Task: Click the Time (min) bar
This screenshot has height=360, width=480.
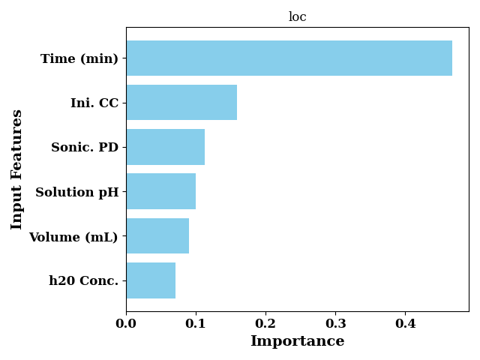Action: coord(289,58)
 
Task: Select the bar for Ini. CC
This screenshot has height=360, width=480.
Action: coord(181,103)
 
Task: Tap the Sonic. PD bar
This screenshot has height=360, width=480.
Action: coord(166,147)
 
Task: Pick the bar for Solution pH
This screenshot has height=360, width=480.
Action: coord(161,191)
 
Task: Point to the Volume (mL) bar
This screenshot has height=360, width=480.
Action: coord(157,235)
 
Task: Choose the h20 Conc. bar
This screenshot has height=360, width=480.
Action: coord(151,280)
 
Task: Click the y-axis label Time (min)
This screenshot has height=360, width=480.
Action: coord(79,58)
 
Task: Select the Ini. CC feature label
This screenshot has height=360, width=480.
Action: coord(94,103)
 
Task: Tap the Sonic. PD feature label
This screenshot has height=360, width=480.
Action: coord(85,147)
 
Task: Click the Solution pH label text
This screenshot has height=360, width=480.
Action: coord(77,193)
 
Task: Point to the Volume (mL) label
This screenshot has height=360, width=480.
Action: coord(73,237)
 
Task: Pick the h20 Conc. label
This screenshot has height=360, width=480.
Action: coord(83,280)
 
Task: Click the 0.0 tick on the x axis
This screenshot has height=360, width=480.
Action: coord(126,323)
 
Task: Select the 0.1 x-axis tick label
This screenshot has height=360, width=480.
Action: coord(196,323)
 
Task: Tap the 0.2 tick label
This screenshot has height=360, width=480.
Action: coord(265,323)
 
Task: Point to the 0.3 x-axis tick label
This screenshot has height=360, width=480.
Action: coord(335,323)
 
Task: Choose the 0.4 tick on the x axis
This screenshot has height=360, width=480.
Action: coord(405,323)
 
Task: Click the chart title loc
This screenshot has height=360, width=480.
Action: coord(298,16)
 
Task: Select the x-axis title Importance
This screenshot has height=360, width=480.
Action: coord(298,341)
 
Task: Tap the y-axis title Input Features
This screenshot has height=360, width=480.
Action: coord(16,169)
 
